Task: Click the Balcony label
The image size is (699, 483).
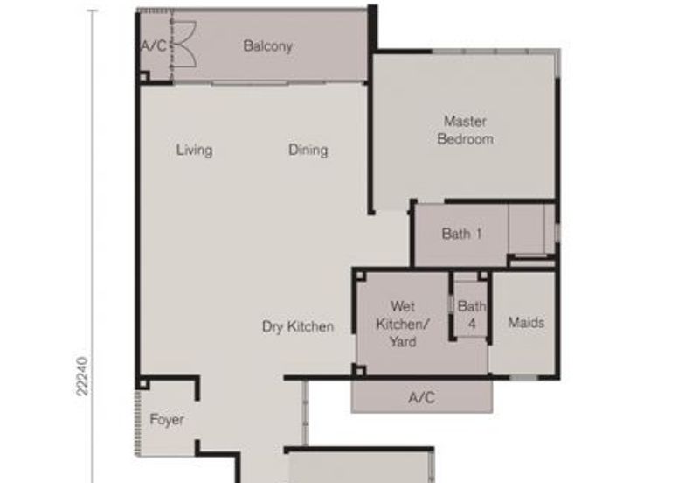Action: [267, 46]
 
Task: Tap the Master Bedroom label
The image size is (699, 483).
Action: [466, 129]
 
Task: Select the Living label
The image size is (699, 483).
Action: [194, 150]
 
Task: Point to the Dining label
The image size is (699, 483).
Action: [308, 150]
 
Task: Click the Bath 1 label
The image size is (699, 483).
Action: [461, 234]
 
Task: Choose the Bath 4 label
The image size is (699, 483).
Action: [472, 315]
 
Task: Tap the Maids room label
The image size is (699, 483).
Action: [526, 322]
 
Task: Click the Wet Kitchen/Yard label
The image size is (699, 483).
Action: [403, 324]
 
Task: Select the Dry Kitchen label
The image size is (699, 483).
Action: [298, 326]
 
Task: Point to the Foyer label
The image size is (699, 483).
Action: [167, 420]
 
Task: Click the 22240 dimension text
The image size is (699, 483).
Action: [82, 376]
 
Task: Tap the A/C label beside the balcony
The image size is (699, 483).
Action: [154, 45]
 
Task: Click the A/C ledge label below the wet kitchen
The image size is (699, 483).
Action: [422, 397]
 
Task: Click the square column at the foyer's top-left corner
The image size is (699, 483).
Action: [142, 384]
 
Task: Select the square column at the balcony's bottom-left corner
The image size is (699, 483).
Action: [143, 78]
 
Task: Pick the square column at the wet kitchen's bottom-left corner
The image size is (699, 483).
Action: [360, 370]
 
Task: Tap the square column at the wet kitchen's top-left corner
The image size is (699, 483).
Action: [360, 276]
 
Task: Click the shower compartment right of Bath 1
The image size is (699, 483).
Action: [527, 229]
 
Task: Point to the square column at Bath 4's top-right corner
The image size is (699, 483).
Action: [483, 276]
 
